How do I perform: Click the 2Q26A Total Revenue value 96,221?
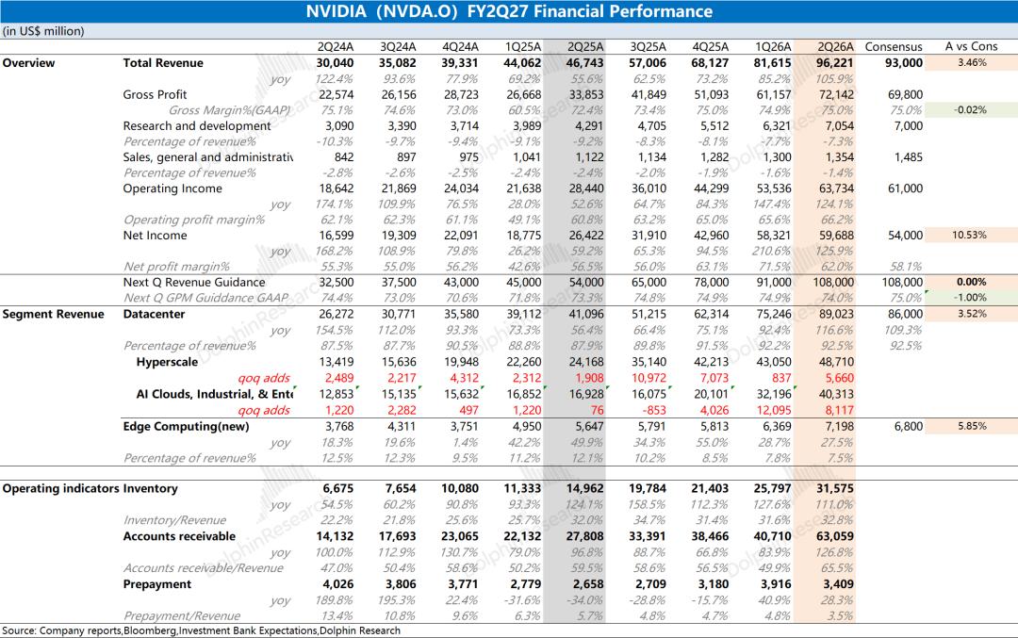point(836,63)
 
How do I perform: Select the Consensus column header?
point(894,47)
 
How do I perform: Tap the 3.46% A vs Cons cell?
point(972,63)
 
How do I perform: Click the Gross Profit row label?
point(155,95)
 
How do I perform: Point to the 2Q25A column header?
point(585,47)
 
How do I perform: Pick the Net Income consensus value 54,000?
point(905,236)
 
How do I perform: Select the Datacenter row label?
point(154,314)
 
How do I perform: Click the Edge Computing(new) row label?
point(186,426)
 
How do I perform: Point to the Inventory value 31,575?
point(835,489)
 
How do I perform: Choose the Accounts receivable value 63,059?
point(835,537)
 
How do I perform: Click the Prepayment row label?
point(157,584)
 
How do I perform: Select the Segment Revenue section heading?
point(53,314)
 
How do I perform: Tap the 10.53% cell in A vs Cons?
point(969,236)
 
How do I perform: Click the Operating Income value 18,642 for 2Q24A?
point(337,188)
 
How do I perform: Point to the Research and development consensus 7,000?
point(909,126)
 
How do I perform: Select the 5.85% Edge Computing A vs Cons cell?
point(972,426)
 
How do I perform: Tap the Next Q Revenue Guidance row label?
point(194,283)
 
